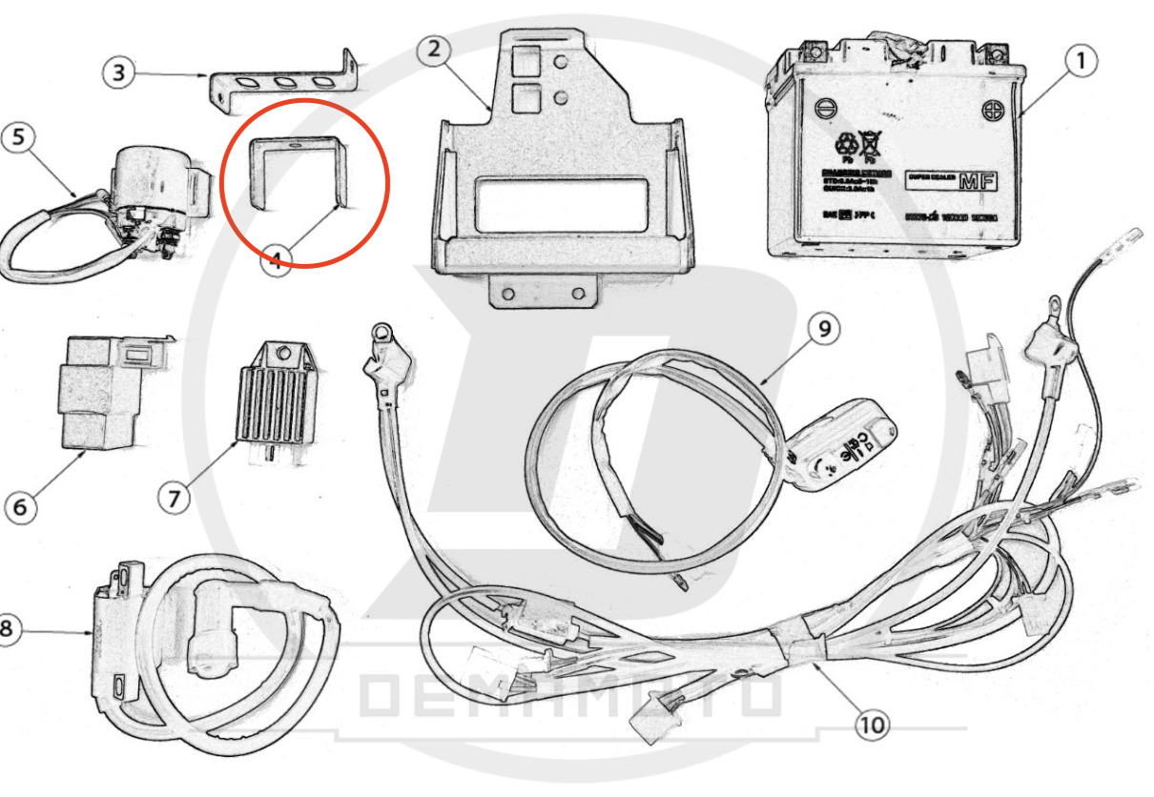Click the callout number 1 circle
click(1080, 62)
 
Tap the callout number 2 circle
click(434, 51)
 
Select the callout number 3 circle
click(118, 73)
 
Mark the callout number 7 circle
click(175, 496)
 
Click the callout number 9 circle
click(824, 329)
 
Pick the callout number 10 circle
click(872, 725)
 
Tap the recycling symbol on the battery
click(846, 145)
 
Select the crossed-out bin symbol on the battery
click(872, 145)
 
